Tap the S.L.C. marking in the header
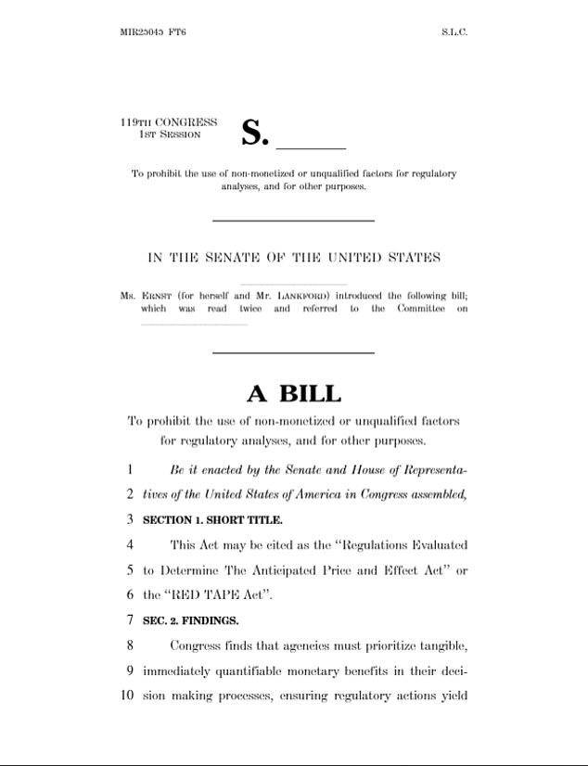(454, 32)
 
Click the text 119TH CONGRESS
(169, 122)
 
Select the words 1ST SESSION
(170, 134)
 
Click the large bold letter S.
(253, 134)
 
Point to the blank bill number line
(311, 146)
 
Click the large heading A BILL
(293, 393)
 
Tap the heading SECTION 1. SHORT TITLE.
(212, 520)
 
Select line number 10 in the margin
(128, 696)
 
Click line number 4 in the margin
(131, 545)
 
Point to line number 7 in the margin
(131, 620)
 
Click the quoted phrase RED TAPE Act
(210, 595)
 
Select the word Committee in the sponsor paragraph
(420, 309)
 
